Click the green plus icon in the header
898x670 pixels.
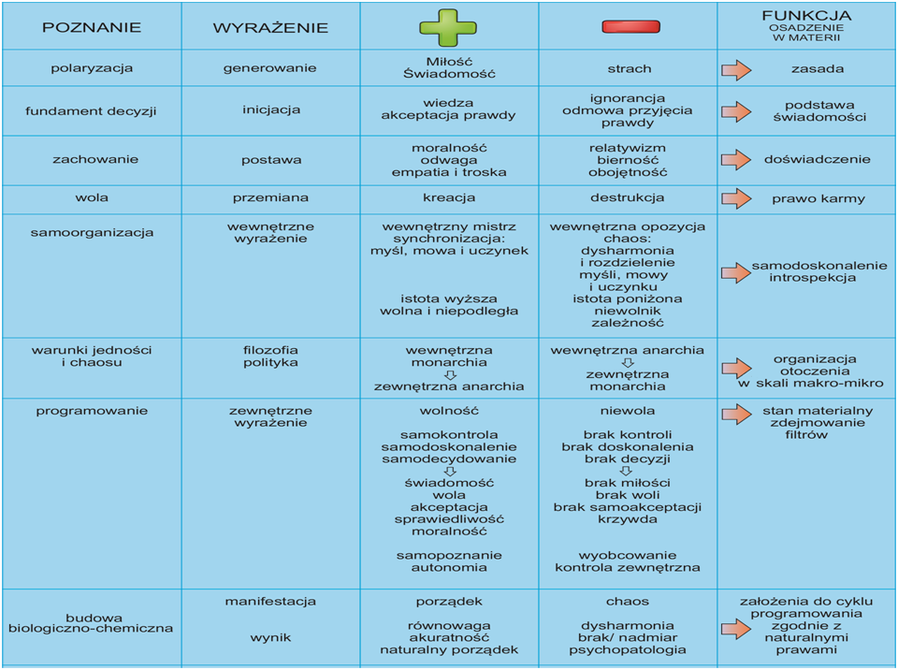tap(448, 27)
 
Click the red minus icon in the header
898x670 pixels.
tap(630, 27)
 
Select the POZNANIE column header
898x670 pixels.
tap(92, 27)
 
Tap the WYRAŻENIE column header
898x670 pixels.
tap(270, 27)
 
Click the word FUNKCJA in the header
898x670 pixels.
tap(806, 15)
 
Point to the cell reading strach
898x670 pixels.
tap(629, 68)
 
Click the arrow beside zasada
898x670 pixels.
tap(736, 68)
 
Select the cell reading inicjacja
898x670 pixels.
tap(270, 109)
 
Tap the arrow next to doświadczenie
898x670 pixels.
tap(736, 159)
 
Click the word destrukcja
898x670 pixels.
tap(628, 198)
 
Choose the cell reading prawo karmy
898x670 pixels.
tap(818, 198)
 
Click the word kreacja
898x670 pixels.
tap(449, 198)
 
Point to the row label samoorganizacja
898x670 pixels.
tap(92, 232)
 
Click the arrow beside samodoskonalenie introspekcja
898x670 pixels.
tap(736, 272)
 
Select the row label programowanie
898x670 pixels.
tap(92, 411)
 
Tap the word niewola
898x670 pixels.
tap(628, 411)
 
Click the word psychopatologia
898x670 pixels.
tap(628, 648)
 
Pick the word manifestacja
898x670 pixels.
tap(270, 601)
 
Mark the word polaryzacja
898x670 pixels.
tap(92, 68)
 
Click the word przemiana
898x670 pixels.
tap(270, 198)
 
